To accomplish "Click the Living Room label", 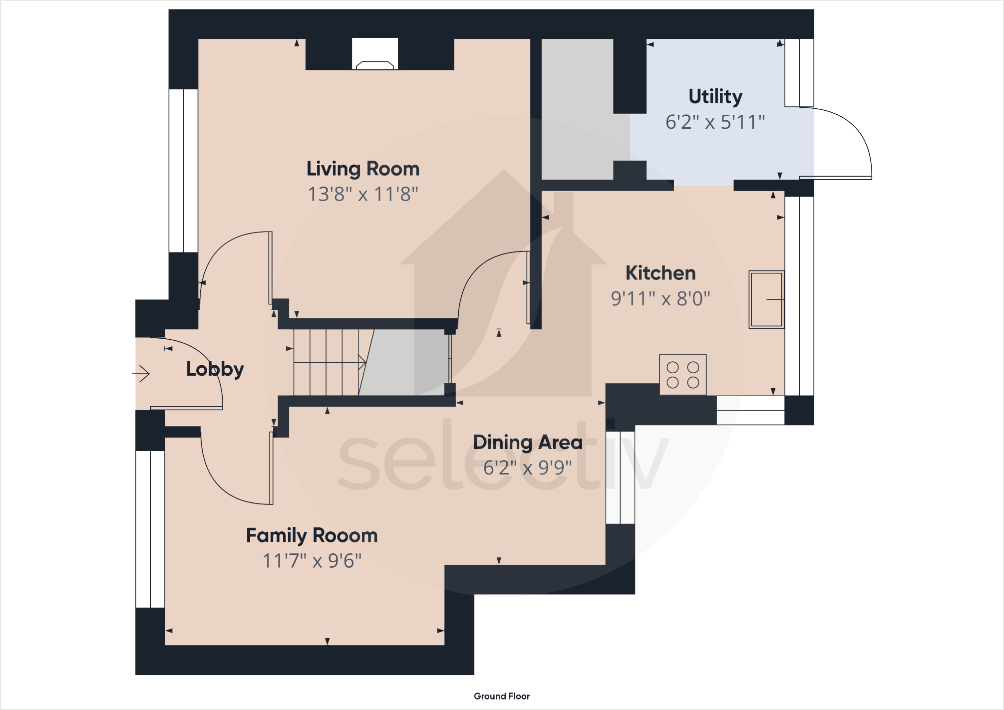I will (363, 169).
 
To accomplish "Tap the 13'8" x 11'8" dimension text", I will (363, 194).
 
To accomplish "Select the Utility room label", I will (715, 96).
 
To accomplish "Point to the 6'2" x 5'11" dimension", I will (715, 122).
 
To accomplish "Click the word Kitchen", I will (660, 273).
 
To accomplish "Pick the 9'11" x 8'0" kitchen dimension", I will (660, 298).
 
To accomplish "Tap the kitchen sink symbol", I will (766, 299).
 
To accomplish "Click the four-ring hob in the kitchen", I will (682, 375).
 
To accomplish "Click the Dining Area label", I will (527, 442).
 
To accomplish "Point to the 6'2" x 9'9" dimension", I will (527, 468).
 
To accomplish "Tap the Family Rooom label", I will (312, 535).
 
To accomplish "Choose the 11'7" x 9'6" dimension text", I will (312, 561).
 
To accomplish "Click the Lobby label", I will (215, 369).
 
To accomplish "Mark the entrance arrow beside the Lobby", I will (141, 373).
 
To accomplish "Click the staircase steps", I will (327, 362).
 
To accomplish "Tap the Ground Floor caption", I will (501, 696).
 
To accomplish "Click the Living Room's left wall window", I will (183, 171).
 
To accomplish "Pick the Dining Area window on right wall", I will (620, 477).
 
